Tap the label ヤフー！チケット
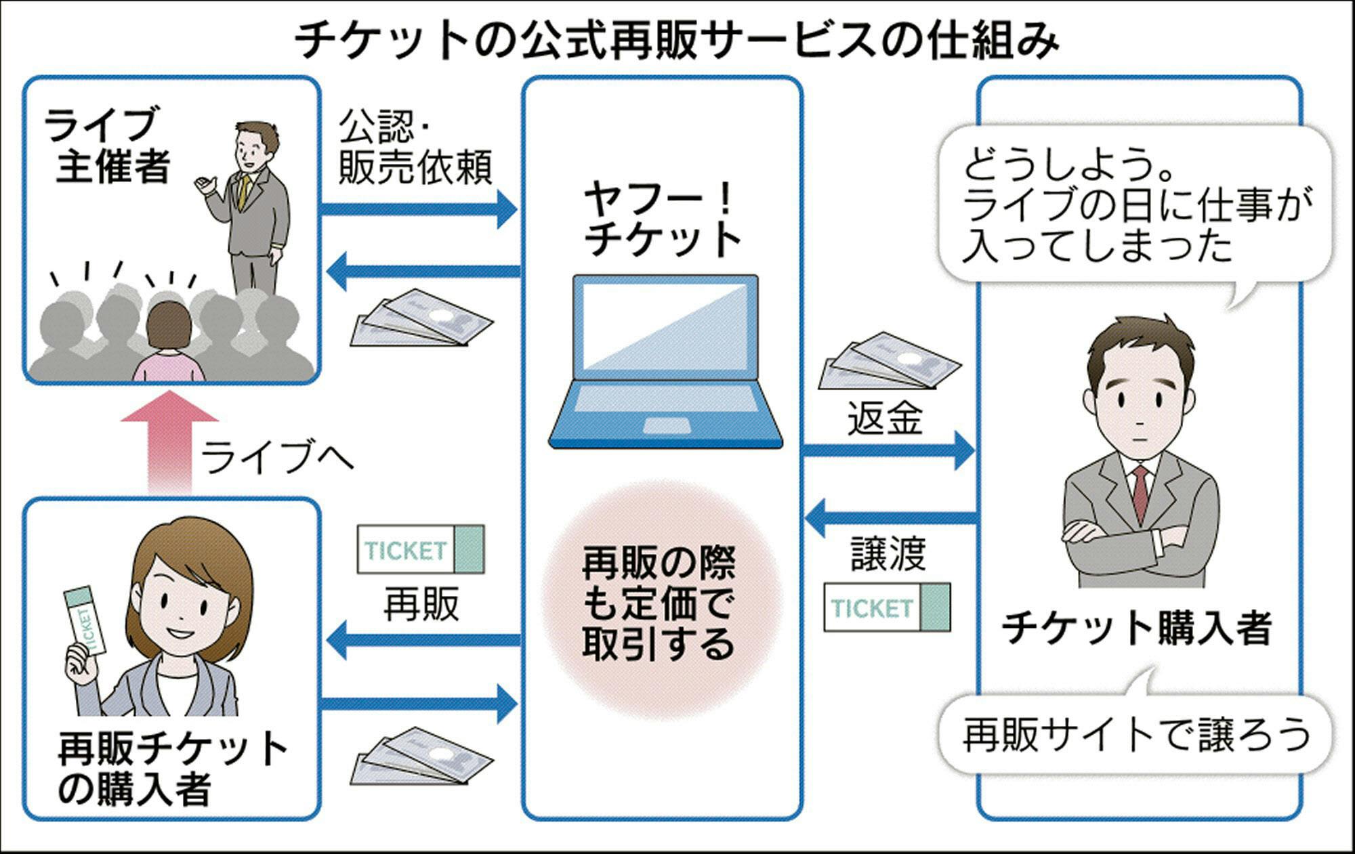click(662, 220)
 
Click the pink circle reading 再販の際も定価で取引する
click(659, 603)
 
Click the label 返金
click(884, 418)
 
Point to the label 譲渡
click(888, 553)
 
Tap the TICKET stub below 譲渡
click(886, 607)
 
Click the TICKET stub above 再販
click(421, 549)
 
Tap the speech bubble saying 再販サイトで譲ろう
click(1135, 735)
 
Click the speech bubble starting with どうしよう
click(1135, 203)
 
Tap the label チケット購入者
click(1137, 628)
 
